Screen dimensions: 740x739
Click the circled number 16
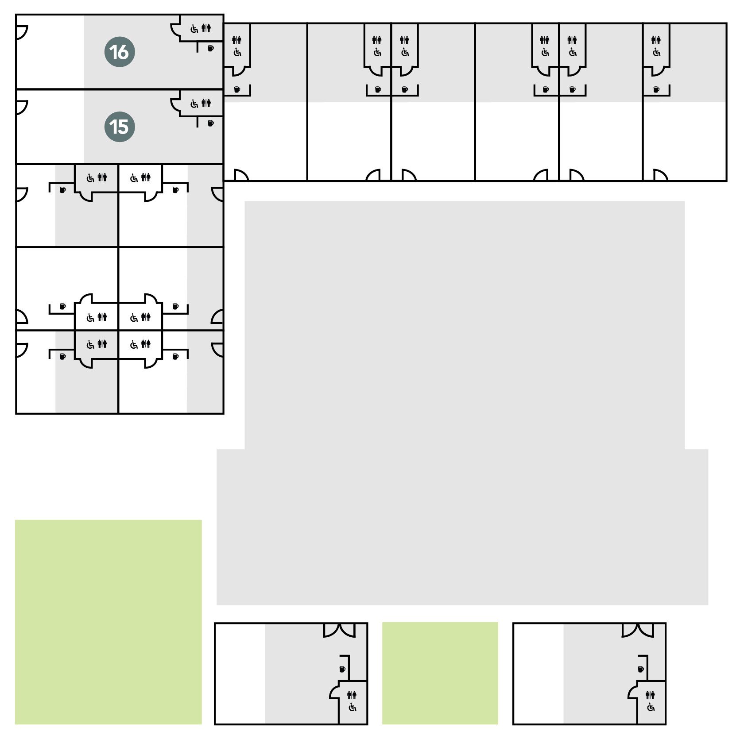(x=120, y=52)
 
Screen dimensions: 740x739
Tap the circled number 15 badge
(x=120, y=127)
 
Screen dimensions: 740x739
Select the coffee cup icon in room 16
(x=211, y=48)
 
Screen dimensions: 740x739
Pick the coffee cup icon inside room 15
(x=211, y=123)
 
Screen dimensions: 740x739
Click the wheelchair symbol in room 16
(x=194, y=29)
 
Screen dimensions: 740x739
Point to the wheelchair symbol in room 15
(x=194, y=104)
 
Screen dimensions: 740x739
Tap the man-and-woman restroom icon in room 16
(x=206, y=28)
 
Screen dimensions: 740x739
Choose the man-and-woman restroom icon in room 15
(x=206, y=103)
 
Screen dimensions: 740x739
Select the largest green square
(x=108, y=622)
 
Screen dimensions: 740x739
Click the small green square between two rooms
(x=440, y=673)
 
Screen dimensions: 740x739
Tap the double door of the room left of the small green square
(x=339, y=630)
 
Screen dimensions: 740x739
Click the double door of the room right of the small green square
(x=638, y=630)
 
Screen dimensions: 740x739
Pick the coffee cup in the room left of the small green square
(x=342, y=669)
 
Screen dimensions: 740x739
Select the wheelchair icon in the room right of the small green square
(x=651, y=708)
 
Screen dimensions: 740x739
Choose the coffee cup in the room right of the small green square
(x=641, y=669)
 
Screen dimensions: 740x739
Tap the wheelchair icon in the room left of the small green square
(x=352, y=708)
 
